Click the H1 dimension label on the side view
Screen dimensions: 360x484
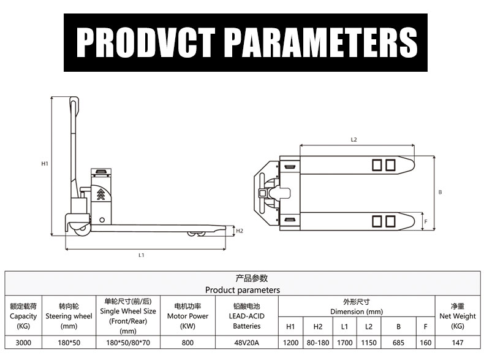point(45,164)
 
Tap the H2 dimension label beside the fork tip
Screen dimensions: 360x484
point(240,231)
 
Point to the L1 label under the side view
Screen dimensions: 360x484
point(142,255)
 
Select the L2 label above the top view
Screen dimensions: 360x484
point(354,140)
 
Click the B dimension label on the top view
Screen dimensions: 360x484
point(440,192)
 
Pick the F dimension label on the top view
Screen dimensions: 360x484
point(426,221)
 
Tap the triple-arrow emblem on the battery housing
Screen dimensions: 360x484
point(100,194)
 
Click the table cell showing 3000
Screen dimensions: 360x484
point(24,343)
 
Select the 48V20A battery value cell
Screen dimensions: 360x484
point(248,343)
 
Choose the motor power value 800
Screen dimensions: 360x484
point(187,343)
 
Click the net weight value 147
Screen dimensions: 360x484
point(457,343)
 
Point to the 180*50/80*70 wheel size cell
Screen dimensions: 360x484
point(128,343)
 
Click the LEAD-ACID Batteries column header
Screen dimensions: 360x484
point(248,316)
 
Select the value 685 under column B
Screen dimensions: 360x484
point(398,343)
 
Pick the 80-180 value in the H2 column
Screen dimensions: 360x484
point(317,343)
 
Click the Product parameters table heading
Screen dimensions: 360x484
point(242,289)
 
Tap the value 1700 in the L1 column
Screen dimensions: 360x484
point(345,343)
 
